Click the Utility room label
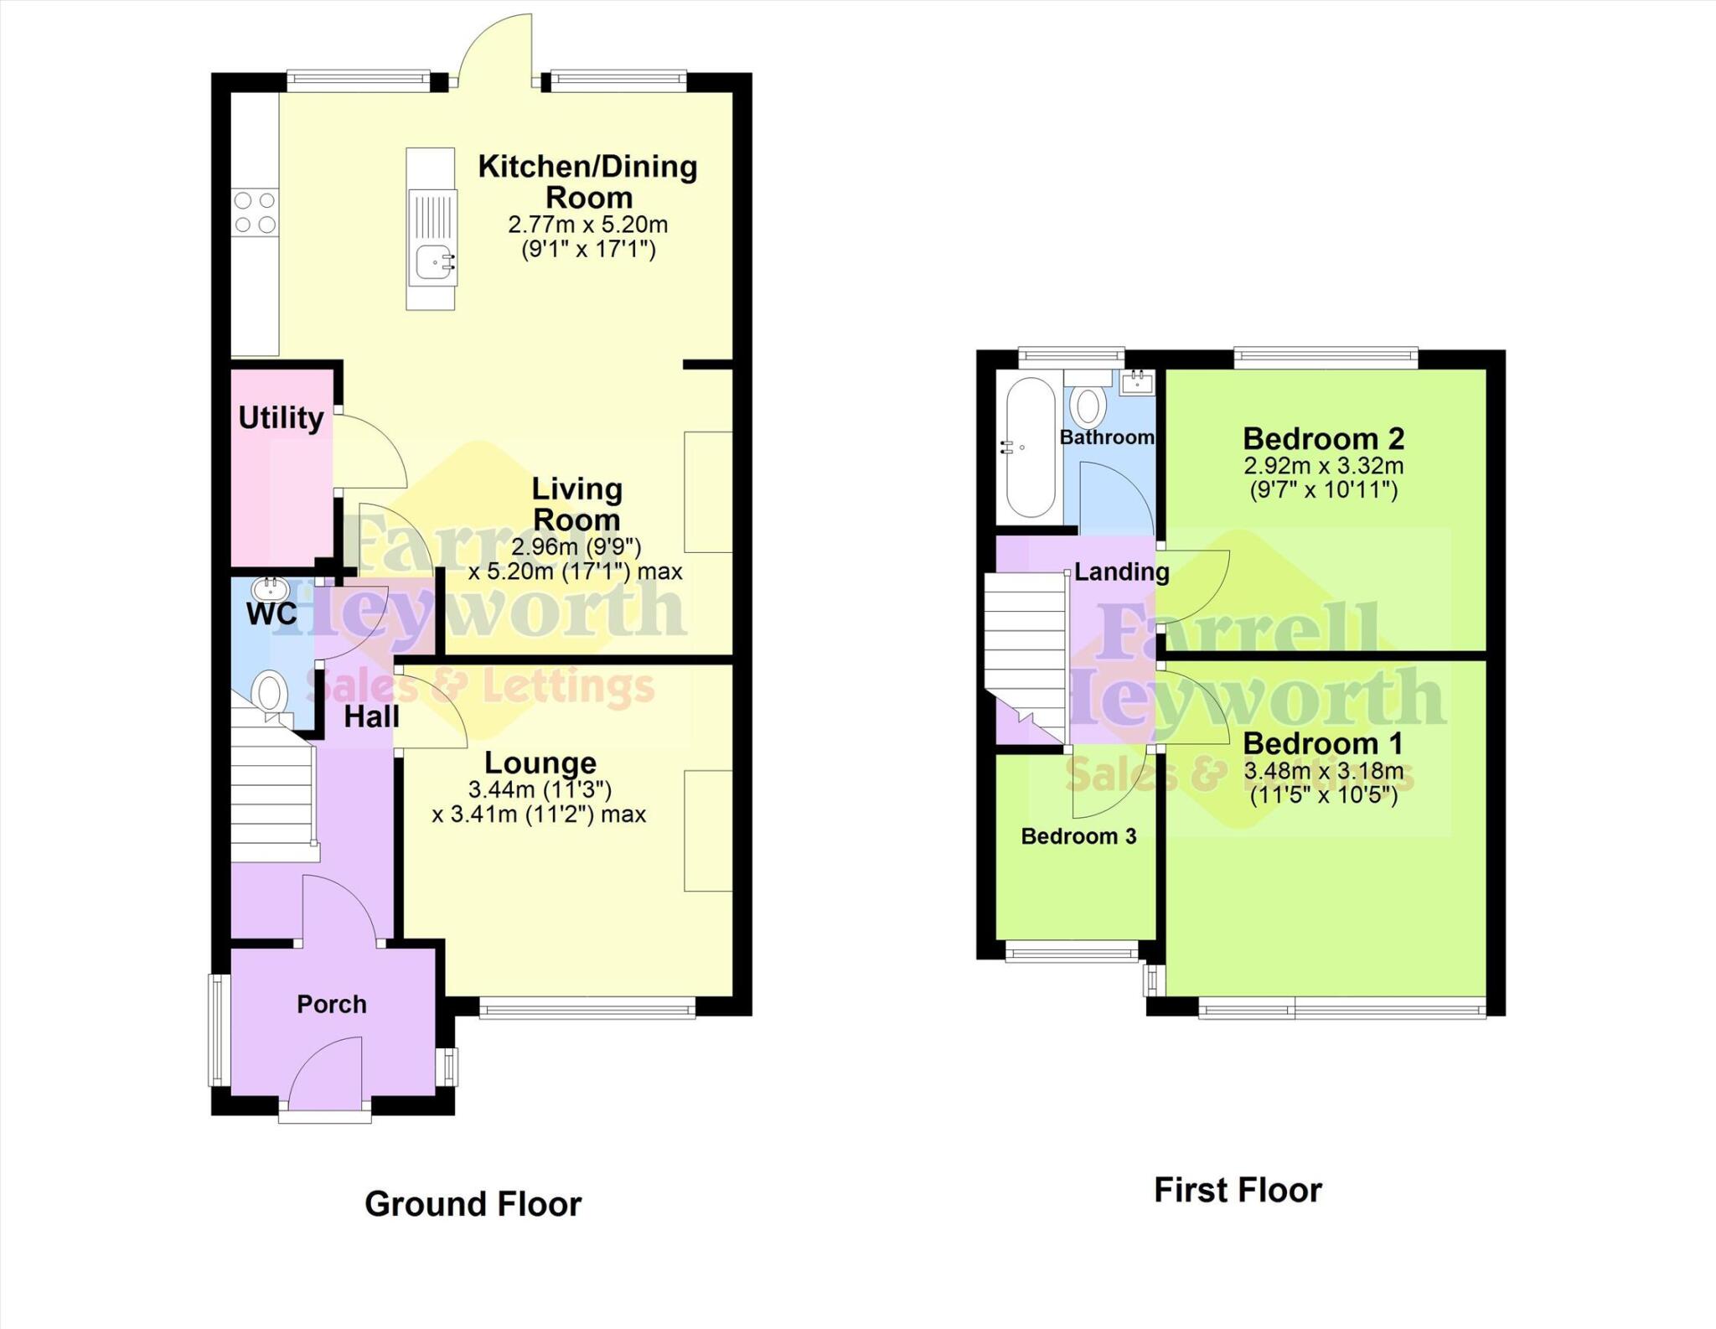coord(281,417)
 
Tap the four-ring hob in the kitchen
coord(255,212)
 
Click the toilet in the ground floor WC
coord(271,695)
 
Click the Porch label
coord(332,1004)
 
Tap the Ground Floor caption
coord(473,1204)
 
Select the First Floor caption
coord(1238,1190)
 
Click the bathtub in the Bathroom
coord(1030,447)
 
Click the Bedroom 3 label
coord(1078,836)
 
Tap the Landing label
coord(1121,572)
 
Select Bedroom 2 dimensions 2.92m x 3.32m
coord(1323,466)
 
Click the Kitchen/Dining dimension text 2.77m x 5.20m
coord(587,225)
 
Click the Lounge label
coord(540,763)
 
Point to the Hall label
coord(371,717)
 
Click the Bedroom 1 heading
coord(1323,743)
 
